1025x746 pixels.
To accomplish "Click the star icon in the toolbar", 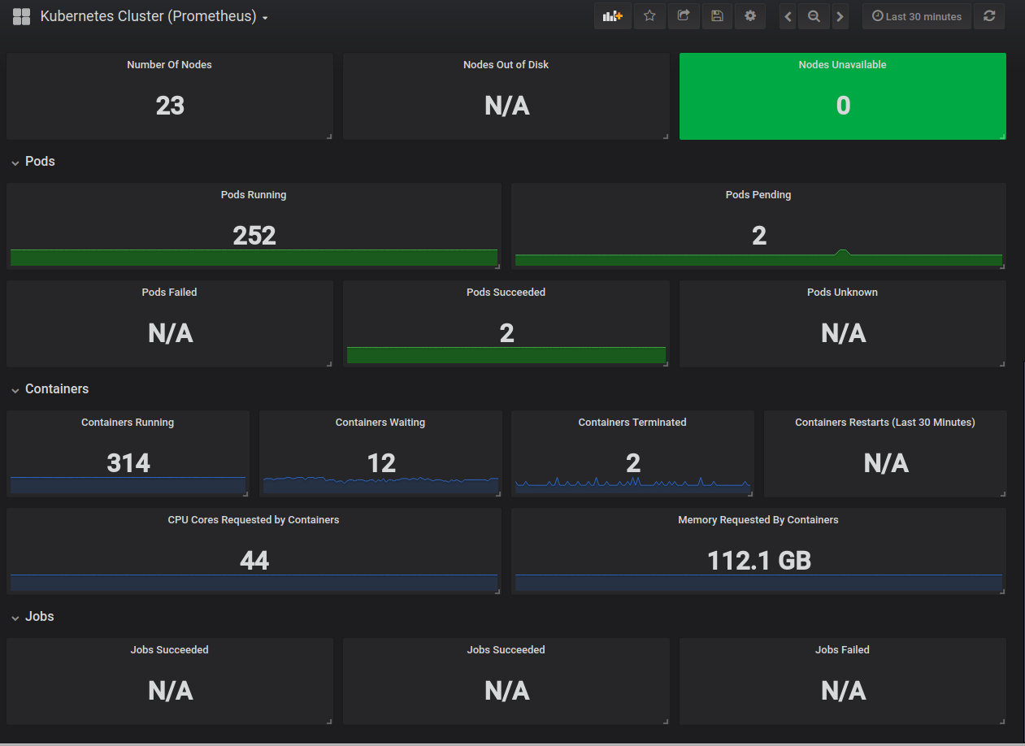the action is click(649, 16).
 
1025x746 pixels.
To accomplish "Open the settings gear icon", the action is click(750, 16).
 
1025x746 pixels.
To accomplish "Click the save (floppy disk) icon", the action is click(717, 16).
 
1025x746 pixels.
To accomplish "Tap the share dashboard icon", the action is click(683, 16).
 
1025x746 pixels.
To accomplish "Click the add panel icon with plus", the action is click(613, 16).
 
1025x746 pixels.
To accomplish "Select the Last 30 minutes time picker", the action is click(917, 16).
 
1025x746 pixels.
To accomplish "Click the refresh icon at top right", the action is click(989, 16).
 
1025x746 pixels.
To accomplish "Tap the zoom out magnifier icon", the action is click(814, 16).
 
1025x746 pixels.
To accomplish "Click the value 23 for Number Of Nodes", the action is click(170, 106).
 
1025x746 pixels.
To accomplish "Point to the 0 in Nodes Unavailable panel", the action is click(843, 106).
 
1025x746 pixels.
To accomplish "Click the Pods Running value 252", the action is click(254, 236).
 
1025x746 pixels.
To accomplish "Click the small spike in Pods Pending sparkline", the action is click(842, 251).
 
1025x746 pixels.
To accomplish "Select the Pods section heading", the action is click(40, 162).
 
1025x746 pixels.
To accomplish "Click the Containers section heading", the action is click(57, 388).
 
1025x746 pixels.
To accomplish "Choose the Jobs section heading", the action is click(39, 617).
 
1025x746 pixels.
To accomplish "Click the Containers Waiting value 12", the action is click(381, 463).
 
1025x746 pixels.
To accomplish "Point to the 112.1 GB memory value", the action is click(759, 560).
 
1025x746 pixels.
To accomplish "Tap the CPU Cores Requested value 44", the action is click(254, 560).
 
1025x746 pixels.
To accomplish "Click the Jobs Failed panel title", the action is click(842, 649).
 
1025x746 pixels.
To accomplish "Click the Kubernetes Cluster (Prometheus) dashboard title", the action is click(148, 16).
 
